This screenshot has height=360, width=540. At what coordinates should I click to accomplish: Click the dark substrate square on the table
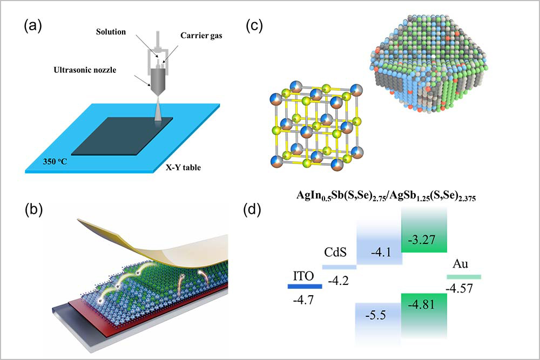click(x=122, y=135)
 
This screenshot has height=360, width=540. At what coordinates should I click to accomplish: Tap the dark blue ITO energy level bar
click(x=305, y=286)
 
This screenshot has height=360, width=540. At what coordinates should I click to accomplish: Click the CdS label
click(x=338, y=253)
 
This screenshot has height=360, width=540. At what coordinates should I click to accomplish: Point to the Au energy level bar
click(x=463, y=277)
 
